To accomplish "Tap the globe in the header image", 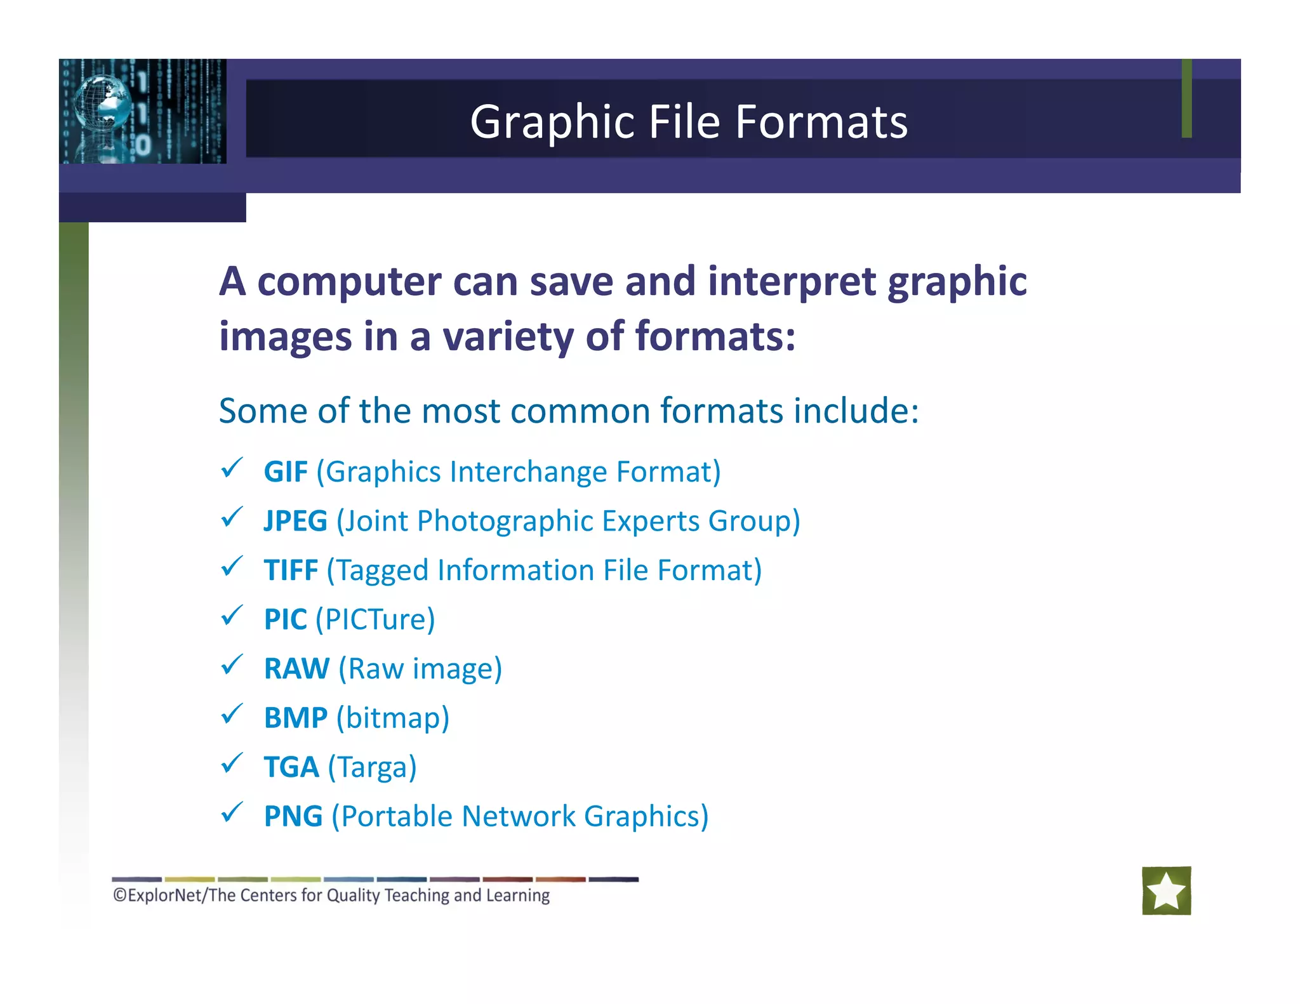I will [102, 101].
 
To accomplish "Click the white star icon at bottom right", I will [1166, 890].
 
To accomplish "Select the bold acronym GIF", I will [286, 472].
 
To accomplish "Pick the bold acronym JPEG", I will [296, 521].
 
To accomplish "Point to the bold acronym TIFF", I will [291, 571].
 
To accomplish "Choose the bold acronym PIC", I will [286, 619].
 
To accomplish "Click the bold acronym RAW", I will [296, 669].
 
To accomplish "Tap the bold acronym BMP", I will [296, 718].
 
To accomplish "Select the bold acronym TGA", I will [291, 767].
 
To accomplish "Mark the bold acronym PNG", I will [293, 817].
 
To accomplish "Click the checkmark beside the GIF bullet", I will [232, 468].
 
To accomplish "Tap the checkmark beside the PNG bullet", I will [232, 812].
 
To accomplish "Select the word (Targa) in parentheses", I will [372, 767].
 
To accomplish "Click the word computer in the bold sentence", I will [349, 282].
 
